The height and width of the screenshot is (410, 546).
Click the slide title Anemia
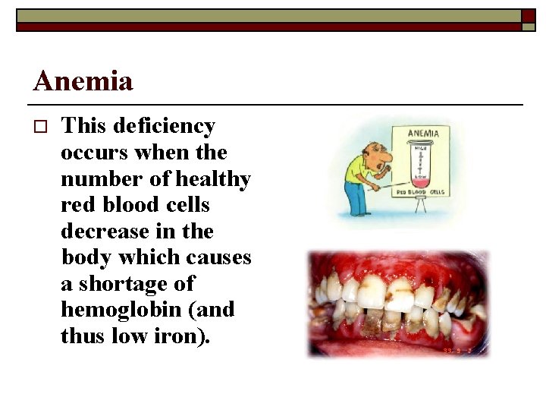(x=83, y=80)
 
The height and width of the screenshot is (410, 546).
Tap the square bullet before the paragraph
(x=41, y=127)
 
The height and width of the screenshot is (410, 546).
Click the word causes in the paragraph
(x=217, y=257)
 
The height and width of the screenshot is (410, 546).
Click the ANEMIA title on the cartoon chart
(x=428, y=134)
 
